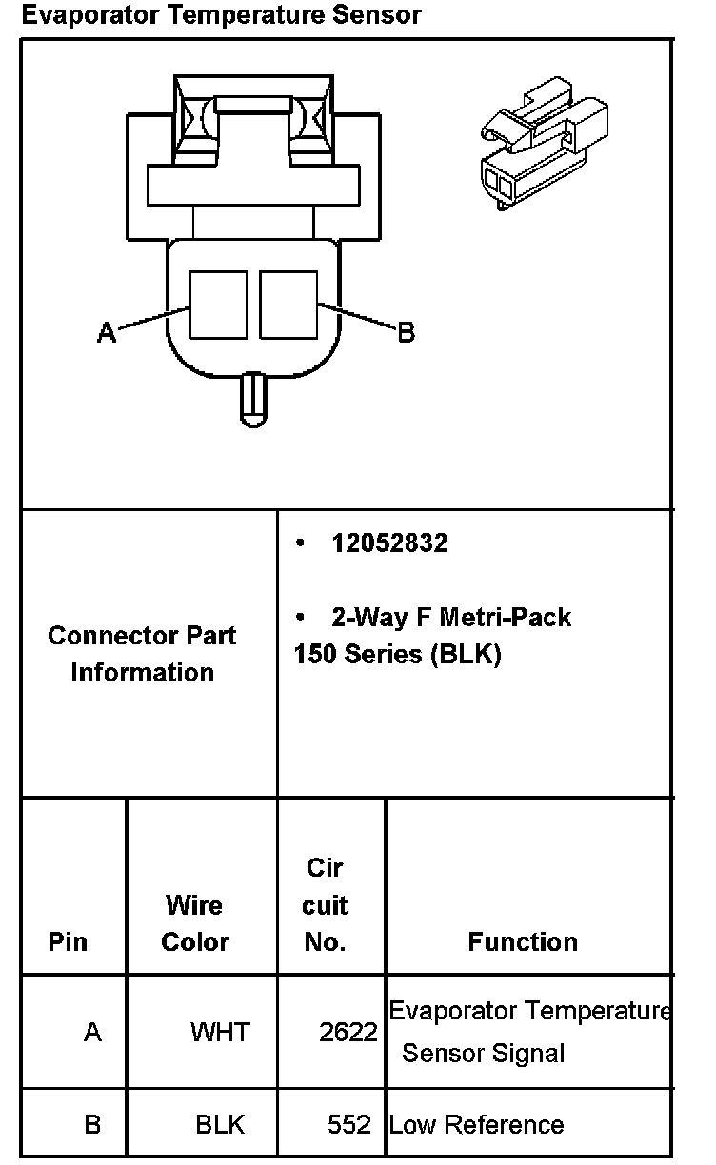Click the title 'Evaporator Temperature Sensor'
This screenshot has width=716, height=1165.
click(x=221, y=14)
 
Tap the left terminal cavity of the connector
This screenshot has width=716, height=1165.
click(x=218, y=305)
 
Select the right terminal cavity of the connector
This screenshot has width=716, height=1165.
click(x=288, y=305)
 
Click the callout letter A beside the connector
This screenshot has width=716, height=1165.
click(x=107, y=332)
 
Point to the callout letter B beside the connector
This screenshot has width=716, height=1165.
click(x=407, y=332)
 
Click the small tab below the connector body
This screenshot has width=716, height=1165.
click(x=253, y=400)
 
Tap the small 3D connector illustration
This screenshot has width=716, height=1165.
click(x=545, y=143)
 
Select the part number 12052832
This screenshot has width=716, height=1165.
click(x=389, y=543)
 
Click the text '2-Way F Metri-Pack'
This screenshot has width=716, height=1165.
click(x=451, y=618)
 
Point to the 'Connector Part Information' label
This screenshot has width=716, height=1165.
click(x=142, y=654)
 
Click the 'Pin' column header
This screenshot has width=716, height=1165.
click(x=68, y=941)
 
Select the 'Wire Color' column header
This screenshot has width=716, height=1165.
click(x=195, y=923)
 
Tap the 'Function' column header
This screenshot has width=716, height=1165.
click(x=523, y=941)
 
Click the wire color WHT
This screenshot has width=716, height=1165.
click(x=220, y=1032)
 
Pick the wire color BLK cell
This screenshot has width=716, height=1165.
click(x=220, y=1124)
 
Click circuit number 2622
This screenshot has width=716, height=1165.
click(x=348, y=1032)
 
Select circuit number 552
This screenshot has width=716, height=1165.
click(x=349, y=1124)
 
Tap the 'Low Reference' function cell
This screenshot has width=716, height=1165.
click(x=477, y=1124)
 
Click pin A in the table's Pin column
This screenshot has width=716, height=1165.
click(x=92, y=1032)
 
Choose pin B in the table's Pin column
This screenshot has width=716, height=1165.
click(x=92, y=1124)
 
